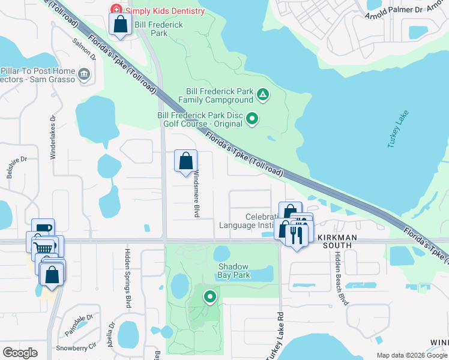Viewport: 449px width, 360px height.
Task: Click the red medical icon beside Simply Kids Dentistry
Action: tap(115, 10)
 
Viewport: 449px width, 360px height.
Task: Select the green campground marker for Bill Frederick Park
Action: tap(262, 95)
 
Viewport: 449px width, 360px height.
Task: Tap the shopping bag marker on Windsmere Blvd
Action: tap(185, 161)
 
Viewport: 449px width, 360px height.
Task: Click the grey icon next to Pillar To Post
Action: tap(84, 74)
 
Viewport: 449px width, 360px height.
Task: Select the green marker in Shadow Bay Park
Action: tap(209, 296)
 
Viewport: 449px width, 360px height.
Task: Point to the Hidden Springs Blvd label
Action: tap(127, 278)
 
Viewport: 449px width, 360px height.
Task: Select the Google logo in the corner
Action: tap(20, 353)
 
